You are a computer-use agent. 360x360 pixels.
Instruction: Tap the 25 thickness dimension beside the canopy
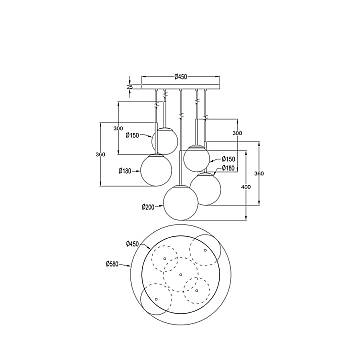click(x=129, y=87)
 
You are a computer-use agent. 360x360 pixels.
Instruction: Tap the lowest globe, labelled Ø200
click(x=180, y=202)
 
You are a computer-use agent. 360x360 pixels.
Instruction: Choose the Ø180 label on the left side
click(x=126, y=171)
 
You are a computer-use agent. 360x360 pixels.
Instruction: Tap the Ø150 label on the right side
click(x=229, y=159)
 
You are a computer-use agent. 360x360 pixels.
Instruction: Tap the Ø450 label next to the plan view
click(x=131, y=243)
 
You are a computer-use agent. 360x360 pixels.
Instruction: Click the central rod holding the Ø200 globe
click(x=180, y=140)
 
